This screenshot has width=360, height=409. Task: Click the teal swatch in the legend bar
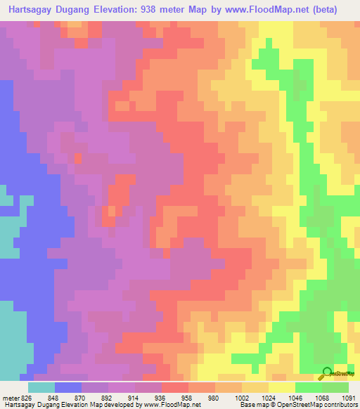pos(41,387)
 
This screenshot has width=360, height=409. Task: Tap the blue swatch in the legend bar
pos(68,387)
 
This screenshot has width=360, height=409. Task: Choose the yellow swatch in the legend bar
pos(282,387)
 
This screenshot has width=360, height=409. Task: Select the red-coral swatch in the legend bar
pos(175,387)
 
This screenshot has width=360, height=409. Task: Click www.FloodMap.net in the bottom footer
pos(174,405)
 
